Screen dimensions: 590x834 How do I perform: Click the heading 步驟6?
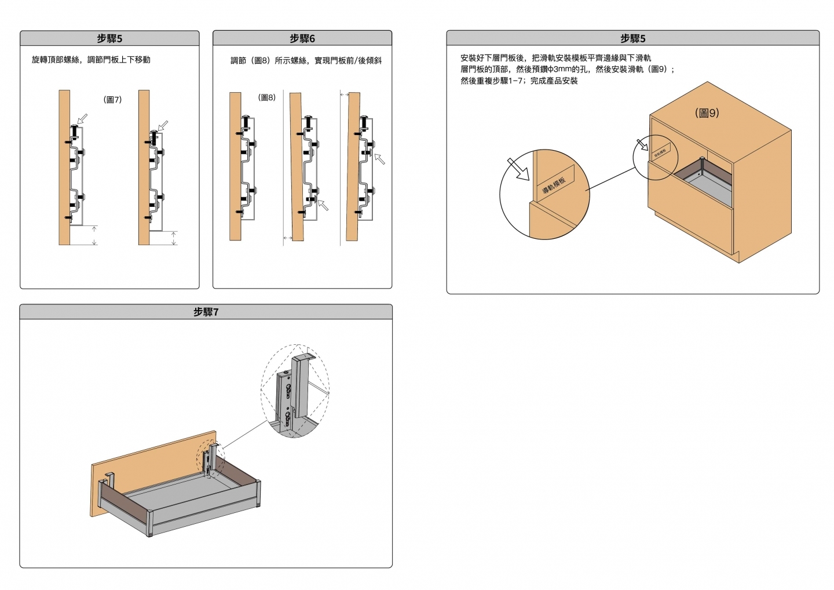pos(302,39)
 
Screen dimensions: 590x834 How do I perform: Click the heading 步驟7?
pos(206,312)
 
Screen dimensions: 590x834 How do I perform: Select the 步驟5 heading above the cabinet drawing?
pos(632,39)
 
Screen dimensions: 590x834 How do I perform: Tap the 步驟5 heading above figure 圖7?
pos(109,39)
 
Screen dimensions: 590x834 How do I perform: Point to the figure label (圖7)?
pos(112,100)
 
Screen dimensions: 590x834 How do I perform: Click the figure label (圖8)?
pos(266,97)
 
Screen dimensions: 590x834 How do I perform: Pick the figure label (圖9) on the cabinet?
pos(707,113)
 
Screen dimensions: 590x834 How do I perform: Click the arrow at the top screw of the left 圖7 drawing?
pos(82,119)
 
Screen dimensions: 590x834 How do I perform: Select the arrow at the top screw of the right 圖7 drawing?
pos(163,125)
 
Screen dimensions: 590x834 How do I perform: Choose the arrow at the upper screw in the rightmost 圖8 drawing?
pos(379,158)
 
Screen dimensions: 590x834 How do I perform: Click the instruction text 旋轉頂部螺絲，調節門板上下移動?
pos(91,60)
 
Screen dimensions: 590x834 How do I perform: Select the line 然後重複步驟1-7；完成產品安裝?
pos(519,81)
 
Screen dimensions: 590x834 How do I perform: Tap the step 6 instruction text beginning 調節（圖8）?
pos(306,60)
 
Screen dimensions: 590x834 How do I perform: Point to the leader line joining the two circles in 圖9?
pos(611,178)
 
